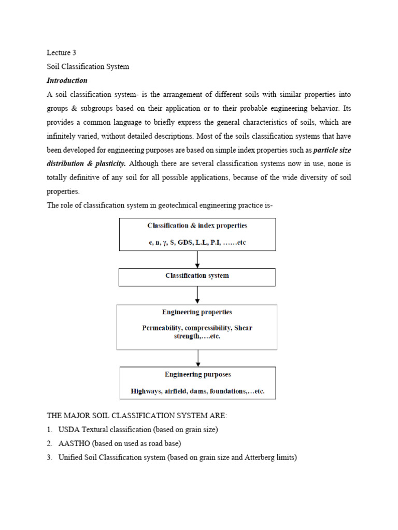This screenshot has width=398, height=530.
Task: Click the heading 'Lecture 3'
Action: pyautogui.click(x=62, y=53)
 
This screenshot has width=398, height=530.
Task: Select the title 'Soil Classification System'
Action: pyautogui.click(x=88, y=67)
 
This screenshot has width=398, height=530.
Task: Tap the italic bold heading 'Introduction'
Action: pyautogui.click(x=67, y=81)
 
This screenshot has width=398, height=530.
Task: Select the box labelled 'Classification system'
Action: pyautogui.click(x=197, y=276)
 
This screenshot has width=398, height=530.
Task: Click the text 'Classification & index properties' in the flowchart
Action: pyautogui.click(x=197, y=226)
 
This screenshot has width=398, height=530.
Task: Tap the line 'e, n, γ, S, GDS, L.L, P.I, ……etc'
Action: pyautogui.click(x=197, y=243)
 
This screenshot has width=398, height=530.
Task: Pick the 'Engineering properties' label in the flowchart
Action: pyautogui.click(x=197, y=312)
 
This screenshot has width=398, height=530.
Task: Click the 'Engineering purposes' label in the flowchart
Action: pyautogui.click(x=197, y=374)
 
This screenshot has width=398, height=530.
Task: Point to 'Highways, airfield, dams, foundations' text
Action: pyautogui.click(x=189, y=391)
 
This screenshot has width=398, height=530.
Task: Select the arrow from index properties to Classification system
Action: pyautogui.click(x=197, y=259)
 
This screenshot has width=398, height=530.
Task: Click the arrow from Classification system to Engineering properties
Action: pyautogui.click(x=197, y=295)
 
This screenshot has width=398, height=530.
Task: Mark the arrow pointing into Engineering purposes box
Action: pyautogui.click(x=197, y=358)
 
